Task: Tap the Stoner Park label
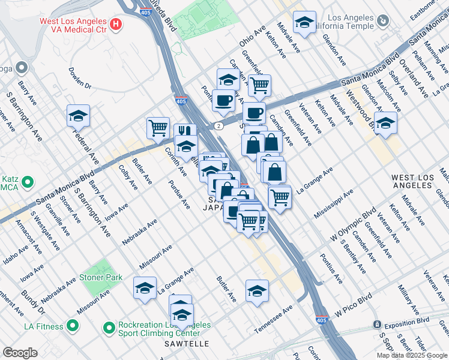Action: [103, 277]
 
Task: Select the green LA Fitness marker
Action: [73, 326]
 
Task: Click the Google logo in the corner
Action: [20, 353]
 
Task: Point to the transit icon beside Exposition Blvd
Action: [377, 325]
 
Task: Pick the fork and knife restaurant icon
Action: [185, 131]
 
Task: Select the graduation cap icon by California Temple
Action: [305, 22]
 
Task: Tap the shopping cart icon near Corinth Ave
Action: [158, 127]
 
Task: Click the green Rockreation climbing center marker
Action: [109, 328]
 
